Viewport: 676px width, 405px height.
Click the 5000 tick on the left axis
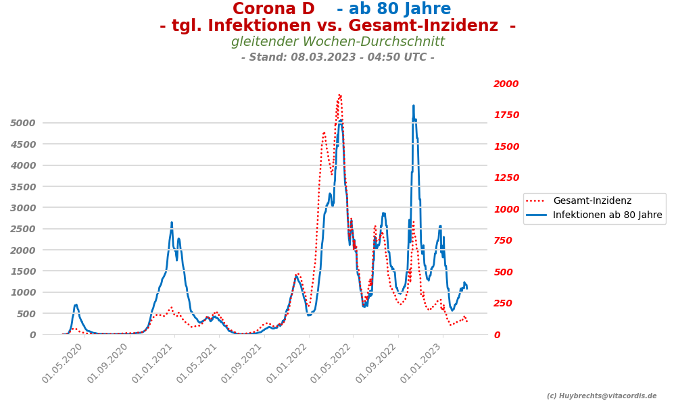(22, 123)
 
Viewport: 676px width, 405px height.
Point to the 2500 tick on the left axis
(22, 229)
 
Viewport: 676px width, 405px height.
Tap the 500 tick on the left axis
(26, 314)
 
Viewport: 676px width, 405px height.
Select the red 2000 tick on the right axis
(506, 84)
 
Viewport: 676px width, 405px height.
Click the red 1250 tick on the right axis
(506, 178)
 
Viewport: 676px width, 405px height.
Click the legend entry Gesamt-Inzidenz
(591, 201)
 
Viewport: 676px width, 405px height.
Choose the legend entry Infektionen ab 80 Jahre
(607, 215)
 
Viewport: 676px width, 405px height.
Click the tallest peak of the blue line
(413, 105)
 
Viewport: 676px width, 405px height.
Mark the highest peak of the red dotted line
(339, 95)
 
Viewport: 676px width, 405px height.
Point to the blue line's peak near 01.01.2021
(172, 222)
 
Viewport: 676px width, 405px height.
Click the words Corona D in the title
(273, 9)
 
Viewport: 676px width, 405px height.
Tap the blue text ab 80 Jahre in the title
(393, 9)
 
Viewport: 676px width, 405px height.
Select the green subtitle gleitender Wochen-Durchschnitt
(337, 42)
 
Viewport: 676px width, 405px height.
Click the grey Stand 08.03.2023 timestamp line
(337, 57)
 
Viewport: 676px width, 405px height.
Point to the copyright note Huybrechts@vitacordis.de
(601, 396)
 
